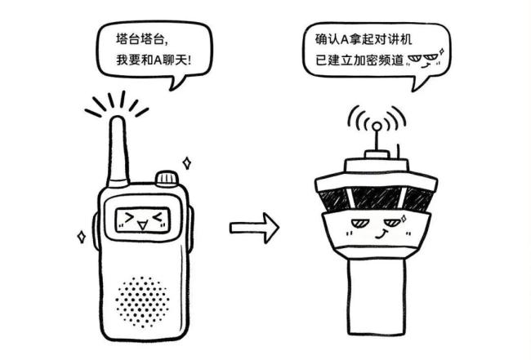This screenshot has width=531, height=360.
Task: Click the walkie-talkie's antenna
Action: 117,151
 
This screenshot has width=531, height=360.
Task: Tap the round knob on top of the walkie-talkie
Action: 167,179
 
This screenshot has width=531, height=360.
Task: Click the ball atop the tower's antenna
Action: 376,127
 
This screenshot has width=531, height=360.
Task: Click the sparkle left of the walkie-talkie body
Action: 81,237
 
